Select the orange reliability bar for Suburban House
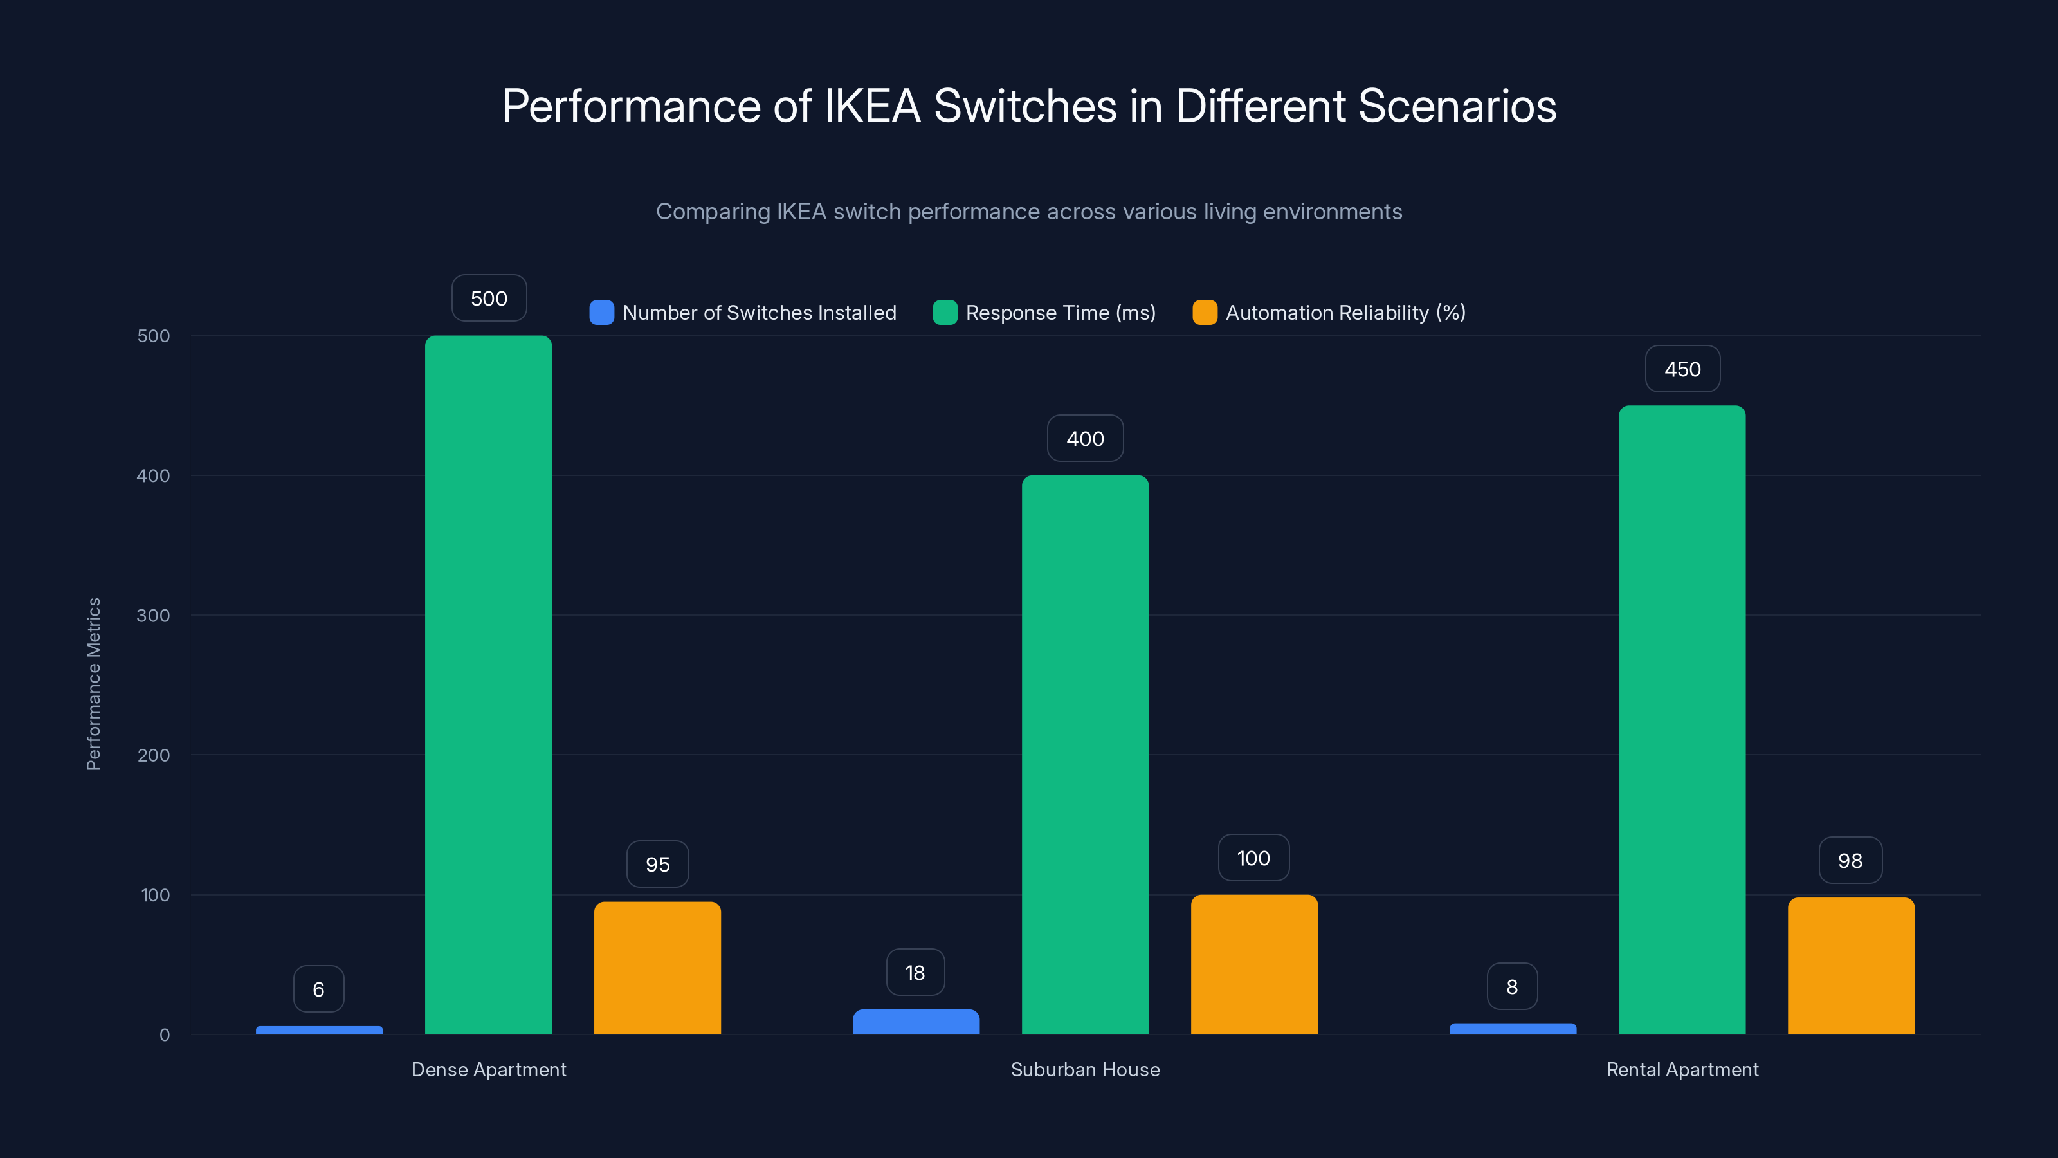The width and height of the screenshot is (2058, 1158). tap(1253, 964)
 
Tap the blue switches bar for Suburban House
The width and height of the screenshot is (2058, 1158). tap(916, 1022)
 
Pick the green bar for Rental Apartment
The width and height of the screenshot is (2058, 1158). tap(1682, 719)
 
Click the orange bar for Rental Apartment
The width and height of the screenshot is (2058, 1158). tap(1850, 966)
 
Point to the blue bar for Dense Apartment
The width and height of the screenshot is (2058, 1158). tap(319, 1029)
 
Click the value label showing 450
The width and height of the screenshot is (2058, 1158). tap(1682, 369)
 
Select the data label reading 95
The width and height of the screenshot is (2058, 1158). tap(657, 864)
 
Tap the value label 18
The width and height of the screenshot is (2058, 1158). tap(915, 973)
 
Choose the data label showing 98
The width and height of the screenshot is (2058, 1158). tap(1850, 861)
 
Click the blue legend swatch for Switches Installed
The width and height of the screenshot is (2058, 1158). tap(601, 313)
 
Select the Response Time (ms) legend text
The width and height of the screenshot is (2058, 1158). tap(1060, 313)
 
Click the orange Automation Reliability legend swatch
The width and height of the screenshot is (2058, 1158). tap(1205, 313)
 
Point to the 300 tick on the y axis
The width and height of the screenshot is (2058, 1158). tap(154, 616)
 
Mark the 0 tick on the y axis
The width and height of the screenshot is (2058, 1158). tap(165, 1035)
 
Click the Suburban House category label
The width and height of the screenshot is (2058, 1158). tap(1085, 1069)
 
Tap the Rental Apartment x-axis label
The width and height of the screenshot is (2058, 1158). tap(1682, 1069)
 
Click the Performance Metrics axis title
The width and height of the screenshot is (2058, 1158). tap(93, 684)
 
